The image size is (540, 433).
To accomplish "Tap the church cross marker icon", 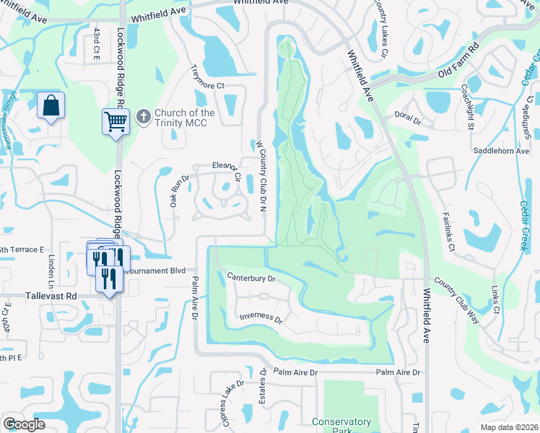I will [x=144, y=115].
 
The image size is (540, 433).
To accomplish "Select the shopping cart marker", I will [x=116, y=121].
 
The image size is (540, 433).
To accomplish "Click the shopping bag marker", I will [x=51, y=105].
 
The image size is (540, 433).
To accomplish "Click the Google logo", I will [x=23, y=425].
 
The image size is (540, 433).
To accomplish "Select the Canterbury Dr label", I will [x=251, y=276].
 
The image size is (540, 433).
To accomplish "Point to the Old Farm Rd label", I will [x=459, y=61].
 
